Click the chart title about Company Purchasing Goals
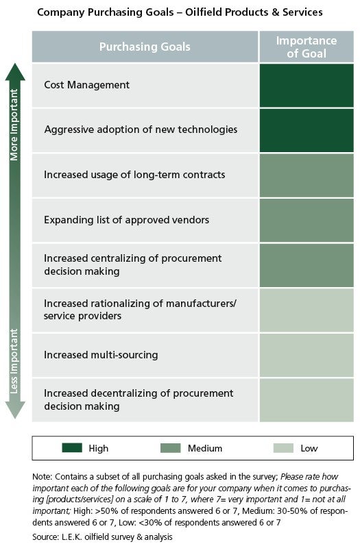coord(180,12)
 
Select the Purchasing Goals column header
coord(145,47)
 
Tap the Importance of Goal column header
coord(307,47)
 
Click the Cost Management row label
coord(86,85)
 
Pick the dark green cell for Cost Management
coord(307,86)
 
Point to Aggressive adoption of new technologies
coord(141,129)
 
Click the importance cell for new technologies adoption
coord(307,131)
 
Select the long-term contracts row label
coord(134,175)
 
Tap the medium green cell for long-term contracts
coord(307,175)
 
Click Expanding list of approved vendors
coord(126,220)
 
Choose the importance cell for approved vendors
coord(307,221)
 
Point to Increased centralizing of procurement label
coord(133,264)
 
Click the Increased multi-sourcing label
coord(101,355)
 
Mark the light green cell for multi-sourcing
coord(307,356)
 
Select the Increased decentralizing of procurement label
coord(139,399)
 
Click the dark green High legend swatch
coord(72,447)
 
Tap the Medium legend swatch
coord(171,447)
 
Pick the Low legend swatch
coord(283,447)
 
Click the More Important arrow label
coord(14,125)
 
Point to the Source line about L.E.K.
coord(102,537)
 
